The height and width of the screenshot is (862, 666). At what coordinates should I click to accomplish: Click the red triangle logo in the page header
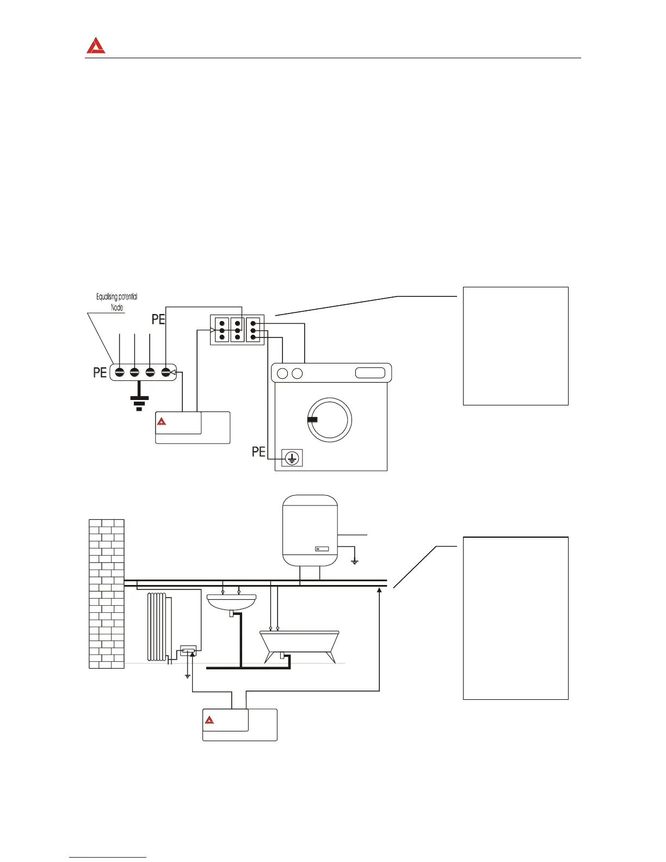pyautogui.click(x=96, y=46)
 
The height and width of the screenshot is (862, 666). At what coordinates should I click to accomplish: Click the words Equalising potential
pyautogui.click(x=116, y=297)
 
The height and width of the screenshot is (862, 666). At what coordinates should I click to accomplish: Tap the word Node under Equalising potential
pyautogui.click(x=117, y=307)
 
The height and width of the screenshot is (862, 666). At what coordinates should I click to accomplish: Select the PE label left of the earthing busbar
pyautogui.click(x=100, y=373)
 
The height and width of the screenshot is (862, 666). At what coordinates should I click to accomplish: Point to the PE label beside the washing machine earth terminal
pyautogui.click(x=258, y=452)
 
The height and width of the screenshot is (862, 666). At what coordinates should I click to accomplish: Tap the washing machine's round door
pyautogui.click(x=330, y=420)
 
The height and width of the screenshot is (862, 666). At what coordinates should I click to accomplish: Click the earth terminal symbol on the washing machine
pyautogui.click(x=292, y=458)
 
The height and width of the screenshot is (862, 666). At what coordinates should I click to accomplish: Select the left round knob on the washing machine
pyautogui.click(x=282, y=373)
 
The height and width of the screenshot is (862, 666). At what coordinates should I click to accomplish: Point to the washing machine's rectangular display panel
pyautogui.click(x=370, y=373)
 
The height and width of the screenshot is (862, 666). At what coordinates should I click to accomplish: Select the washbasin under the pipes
pyautogui.click(x=232, y=601)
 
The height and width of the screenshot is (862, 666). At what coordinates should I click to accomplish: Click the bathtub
pyautogui.click(x=299, y=642)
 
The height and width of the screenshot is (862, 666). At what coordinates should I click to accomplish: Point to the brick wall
pyautogui.click(x=107, y=593)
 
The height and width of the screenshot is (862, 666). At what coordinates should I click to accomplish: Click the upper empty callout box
pyautogui.click(x=515, y=346)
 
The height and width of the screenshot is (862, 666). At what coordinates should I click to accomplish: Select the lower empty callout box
pyautogui.click(x=515, y=618)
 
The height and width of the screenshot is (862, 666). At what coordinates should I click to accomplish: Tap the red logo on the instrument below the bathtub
pyautogui.click(x=209, y=721)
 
